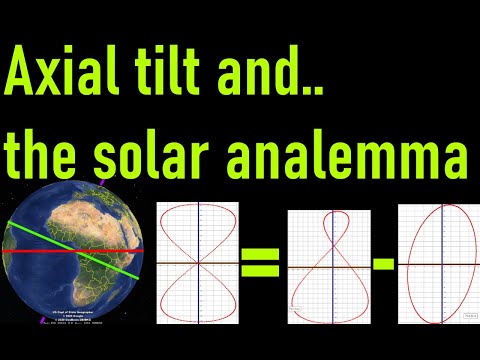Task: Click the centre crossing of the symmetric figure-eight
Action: click(x=198, y=264)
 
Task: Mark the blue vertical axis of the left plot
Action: click(x=198, y=300)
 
